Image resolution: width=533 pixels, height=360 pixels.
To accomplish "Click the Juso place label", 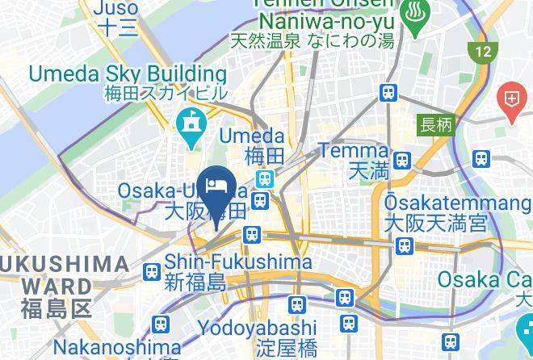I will [117, 9].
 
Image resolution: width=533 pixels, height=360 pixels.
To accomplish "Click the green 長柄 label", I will [435, 125].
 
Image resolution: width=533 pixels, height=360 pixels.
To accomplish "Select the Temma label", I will [354, 150].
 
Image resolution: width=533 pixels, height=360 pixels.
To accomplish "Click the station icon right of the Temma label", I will [401, 158].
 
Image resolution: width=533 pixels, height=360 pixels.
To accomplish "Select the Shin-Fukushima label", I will [238, 262].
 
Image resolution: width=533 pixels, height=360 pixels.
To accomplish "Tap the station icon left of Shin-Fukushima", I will [150, 273].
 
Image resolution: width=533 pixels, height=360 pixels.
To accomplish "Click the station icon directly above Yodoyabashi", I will [296, 304].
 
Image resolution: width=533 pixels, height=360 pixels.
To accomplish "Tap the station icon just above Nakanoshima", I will [160, 324].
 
